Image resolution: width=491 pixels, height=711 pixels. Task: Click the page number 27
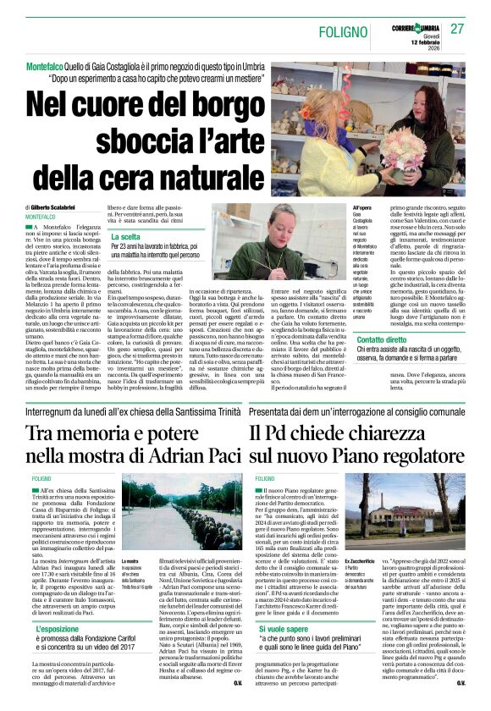(x=457, y=29)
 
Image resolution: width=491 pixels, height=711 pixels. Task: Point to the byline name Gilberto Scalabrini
(x=70, y=207)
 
